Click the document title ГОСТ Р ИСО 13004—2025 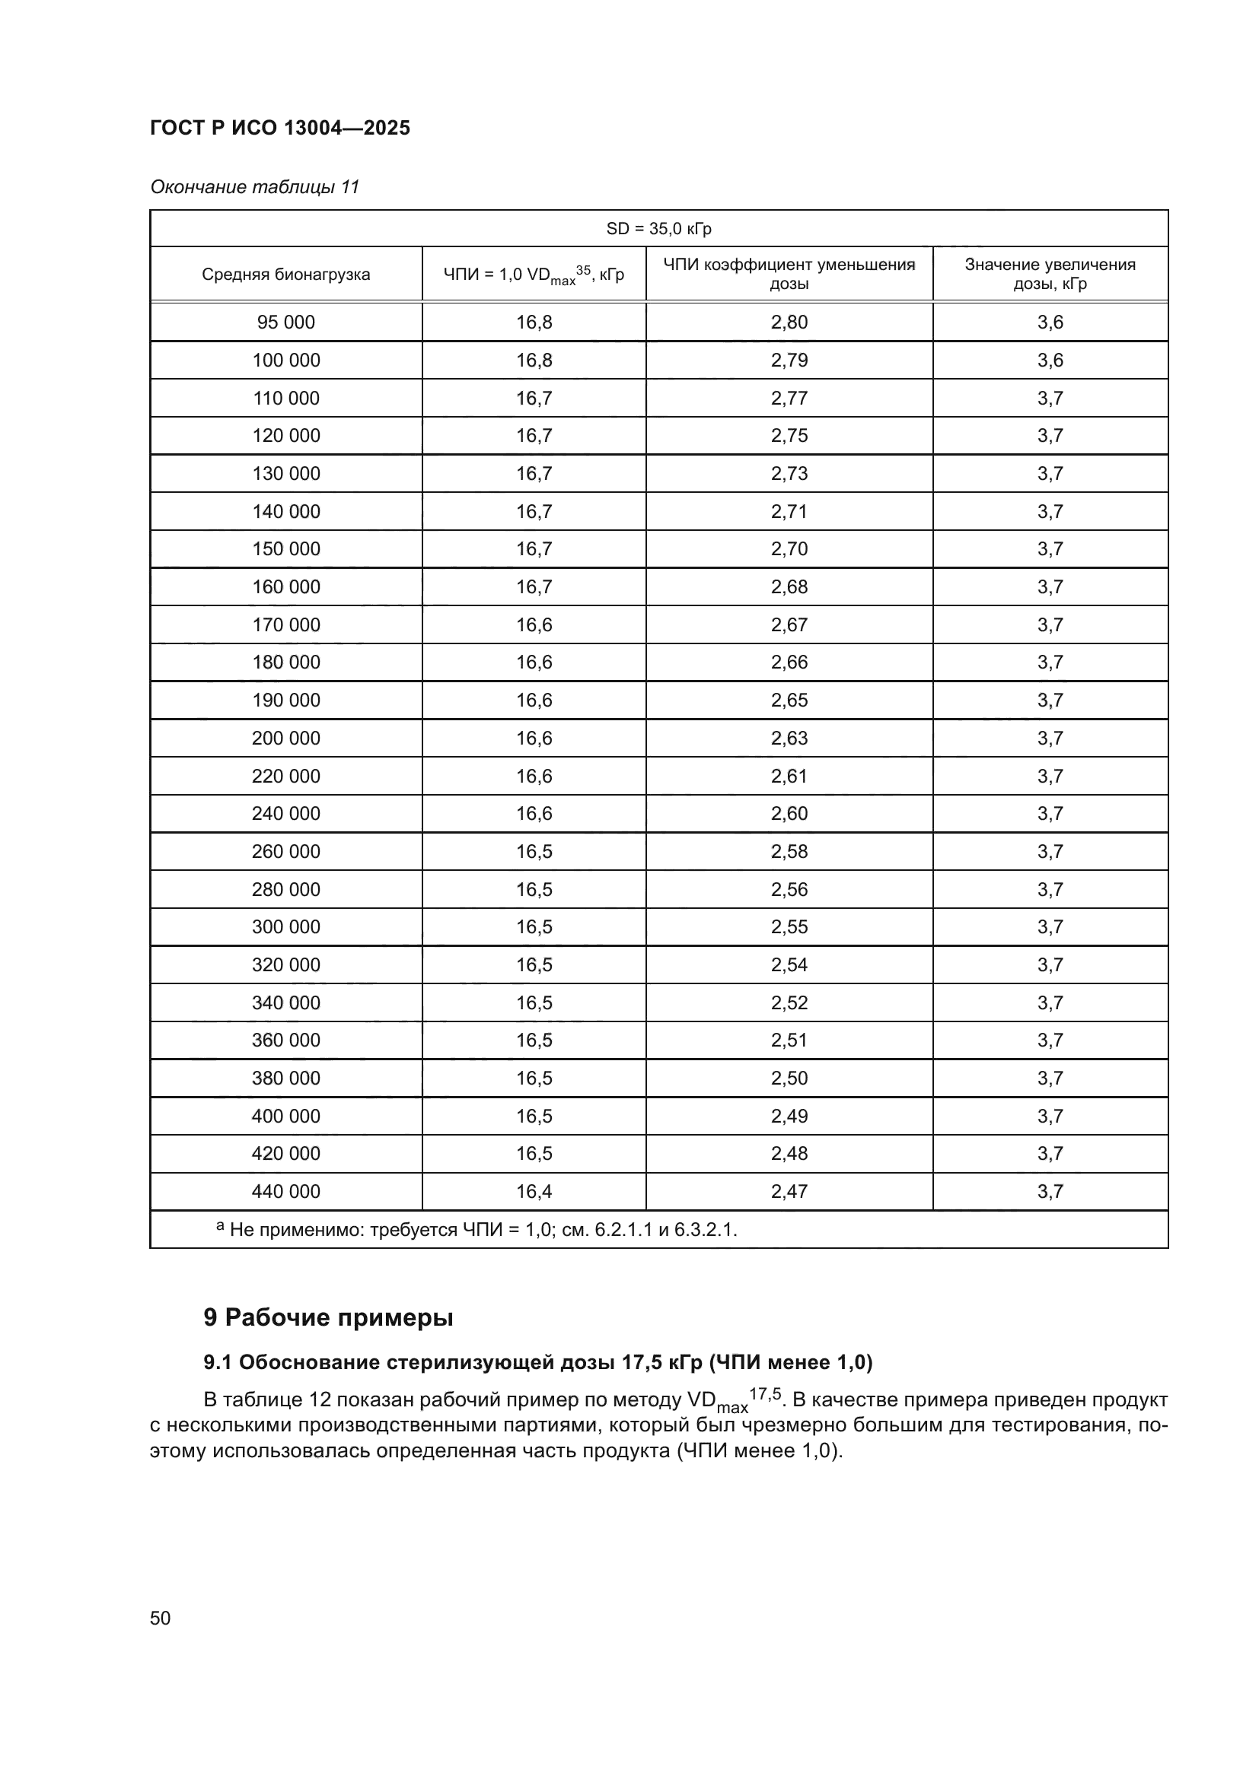click(280, 128)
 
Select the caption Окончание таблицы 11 click(254, 187)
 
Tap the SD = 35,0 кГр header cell click(658, 229)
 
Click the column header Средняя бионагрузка click(285, 275)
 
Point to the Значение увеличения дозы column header click(1050, 275)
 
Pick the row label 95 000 click(285, 322)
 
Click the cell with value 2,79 click(789, 361)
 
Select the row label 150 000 click(285, 549)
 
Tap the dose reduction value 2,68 click(789, 587)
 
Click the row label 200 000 click(285, 739)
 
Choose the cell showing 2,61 click(789, 777)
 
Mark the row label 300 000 click(285, 927)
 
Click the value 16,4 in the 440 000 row click(534, 1192)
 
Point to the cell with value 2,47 click(789, 1192)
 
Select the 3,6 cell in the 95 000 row click(1050, 322)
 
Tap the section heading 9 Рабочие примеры click(328, 1317)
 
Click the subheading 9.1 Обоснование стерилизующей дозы click(537, 1362)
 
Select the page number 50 click(160, 1619)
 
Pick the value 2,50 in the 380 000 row click(789, 1079)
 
